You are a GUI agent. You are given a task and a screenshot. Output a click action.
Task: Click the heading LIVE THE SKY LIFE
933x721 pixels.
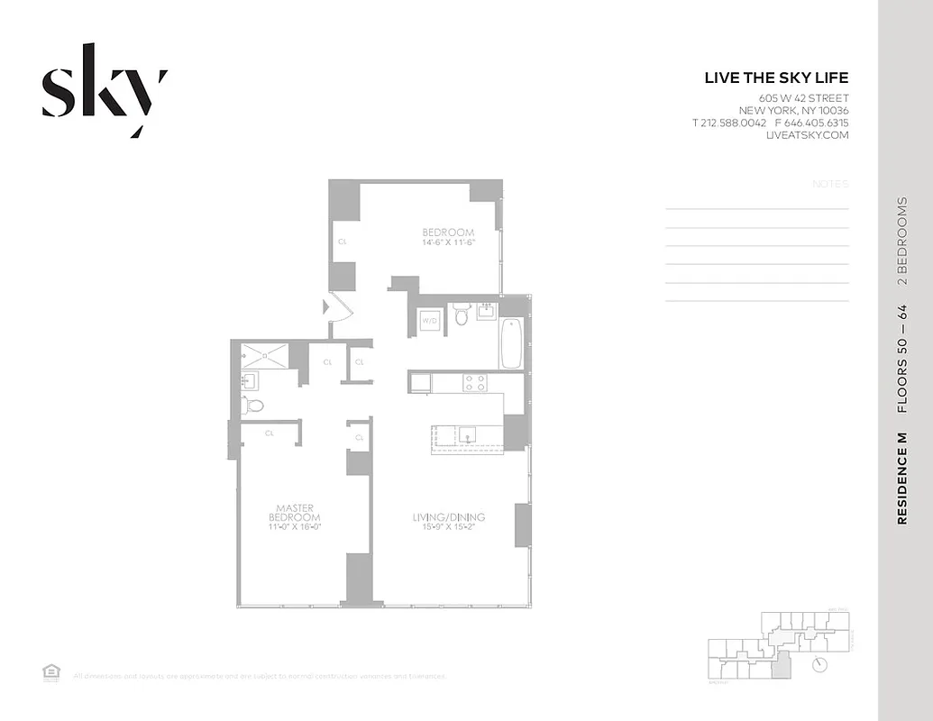click(x=776, y=78)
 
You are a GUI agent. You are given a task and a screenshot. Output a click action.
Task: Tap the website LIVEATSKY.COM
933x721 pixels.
click(x=807, y=135)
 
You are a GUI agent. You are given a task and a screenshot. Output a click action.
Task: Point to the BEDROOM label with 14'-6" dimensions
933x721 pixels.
click(x=448, y=237)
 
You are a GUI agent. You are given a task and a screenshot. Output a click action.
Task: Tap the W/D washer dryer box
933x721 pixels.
click(x=430, y=319)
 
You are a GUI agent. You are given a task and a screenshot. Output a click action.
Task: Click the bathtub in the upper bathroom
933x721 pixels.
click(x=511, y=343)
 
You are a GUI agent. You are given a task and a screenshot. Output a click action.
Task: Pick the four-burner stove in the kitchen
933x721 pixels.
click(x=475, y=383)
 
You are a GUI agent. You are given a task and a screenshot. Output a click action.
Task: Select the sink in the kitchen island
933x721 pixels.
click(x=467, y=436)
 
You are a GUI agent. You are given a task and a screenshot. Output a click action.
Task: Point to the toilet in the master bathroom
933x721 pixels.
click(x=253, y=405)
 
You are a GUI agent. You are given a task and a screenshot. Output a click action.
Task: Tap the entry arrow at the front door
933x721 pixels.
click(x=327, y=308)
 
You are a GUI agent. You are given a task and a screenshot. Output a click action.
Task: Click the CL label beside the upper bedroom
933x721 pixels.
click(x=343, y=242)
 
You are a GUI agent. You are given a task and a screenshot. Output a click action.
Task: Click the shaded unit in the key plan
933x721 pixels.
click(x=781, y=668)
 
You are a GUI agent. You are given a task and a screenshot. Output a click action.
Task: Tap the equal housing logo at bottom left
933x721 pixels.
click(x=50, y=671)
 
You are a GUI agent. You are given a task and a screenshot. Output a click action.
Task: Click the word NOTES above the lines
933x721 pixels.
click(x=830, y=184)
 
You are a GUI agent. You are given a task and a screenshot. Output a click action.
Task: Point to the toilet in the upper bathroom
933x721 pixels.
click(x=462, y=315)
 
